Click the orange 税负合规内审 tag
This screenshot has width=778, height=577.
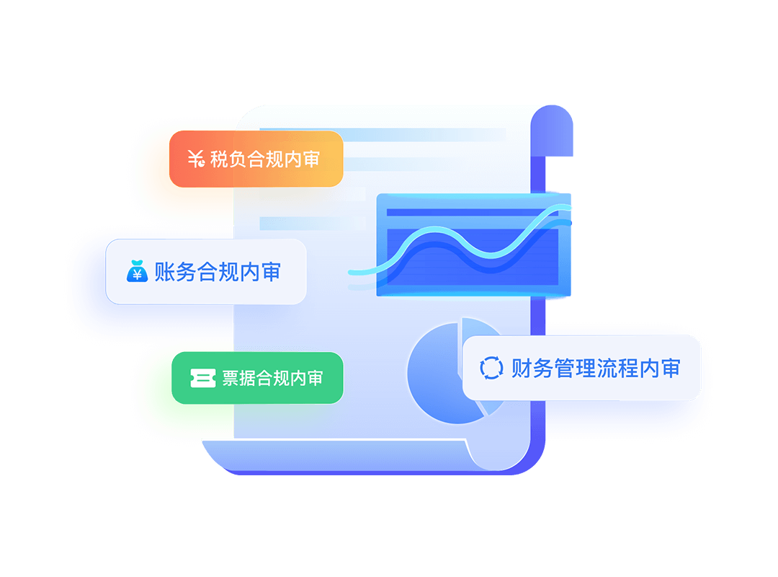pos(256,159)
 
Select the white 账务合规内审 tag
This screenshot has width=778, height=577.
pos(206,272)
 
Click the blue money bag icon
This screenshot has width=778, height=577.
pos(137,271)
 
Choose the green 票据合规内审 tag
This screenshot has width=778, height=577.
pos(257,378)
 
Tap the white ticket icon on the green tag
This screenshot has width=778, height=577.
pos(203,378)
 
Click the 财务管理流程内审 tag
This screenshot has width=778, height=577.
pos(582,368)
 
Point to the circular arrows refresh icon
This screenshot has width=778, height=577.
pos(492,368)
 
